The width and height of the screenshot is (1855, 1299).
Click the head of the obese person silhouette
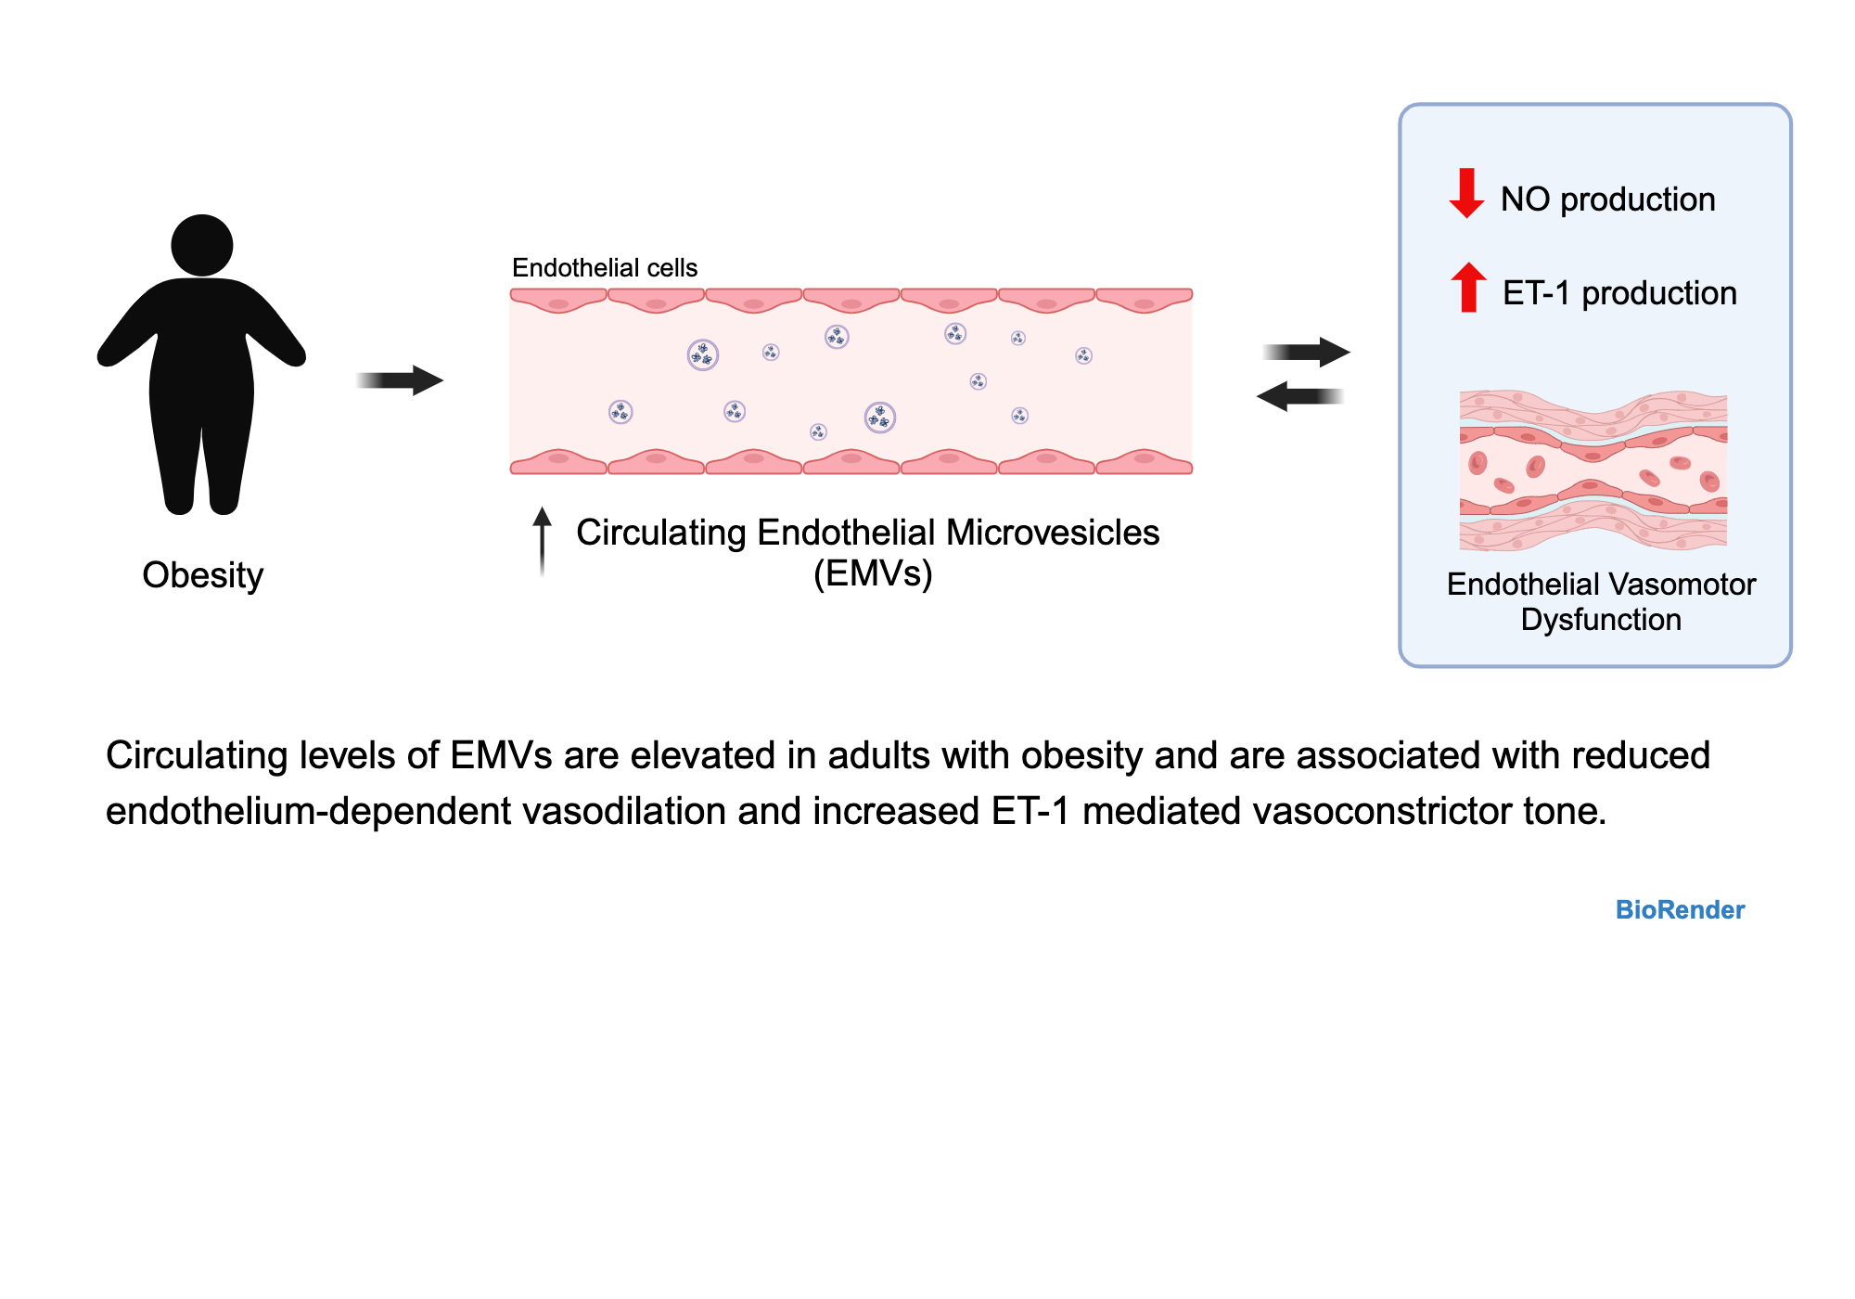pos(201,245)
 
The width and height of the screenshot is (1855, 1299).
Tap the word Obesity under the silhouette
pos(202,575)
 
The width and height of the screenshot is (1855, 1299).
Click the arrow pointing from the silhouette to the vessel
pos(401,379)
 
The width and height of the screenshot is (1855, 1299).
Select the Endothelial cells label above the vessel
pos(604,268)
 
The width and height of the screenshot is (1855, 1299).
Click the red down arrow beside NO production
pos(1466,193)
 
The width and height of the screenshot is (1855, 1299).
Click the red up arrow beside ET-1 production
pos(1468,288)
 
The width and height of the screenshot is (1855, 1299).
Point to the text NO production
pos(1607,199)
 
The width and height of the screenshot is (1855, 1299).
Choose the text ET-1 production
pos(1619,293)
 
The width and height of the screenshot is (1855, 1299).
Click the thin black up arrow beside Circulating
pos(543,543)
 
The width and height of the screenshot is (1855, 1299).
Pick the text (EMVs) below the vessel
pos(873,574)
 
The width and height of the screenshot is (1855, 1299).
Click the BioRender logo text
pos(1680,909)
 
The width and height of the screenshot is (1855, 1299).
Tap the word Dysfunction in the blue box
pos(1601,620)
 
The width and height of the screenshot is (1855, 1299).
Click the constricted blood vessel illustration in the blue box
pos(1593,470)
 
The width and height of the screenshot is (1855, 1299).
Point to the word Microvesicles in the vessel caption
pos(1053,533)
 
